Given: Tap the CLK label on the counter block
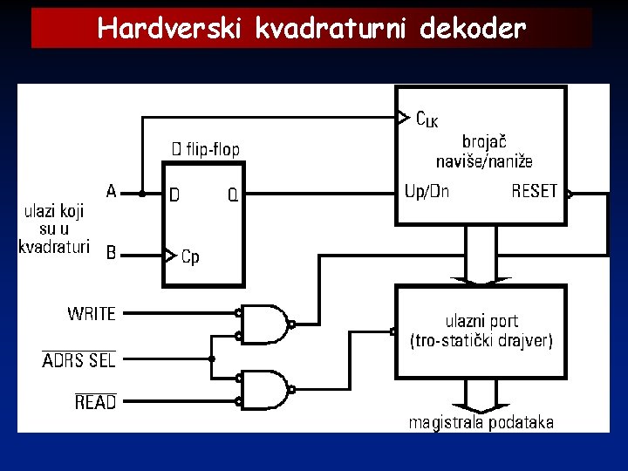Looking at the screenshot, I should tap(427, 119).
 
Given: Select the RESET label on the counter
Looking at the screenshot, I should tap(534, 191).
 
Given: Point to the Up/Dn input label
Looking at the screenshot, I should tap(427, 191).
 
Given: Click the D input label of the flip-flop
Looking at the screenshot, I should tap(174, 195).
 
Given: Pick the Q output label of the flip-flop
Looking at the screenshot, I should tap(233, 195).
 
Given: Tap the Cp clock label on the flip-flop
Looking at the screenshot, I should tap(189, 256).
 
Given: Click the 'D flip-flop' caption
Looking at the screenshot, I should tap(205, 150).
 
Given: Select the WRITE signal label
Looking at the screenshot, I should tap(91, 313).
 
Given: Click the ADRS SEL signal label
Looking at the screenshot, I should tap(78, 359).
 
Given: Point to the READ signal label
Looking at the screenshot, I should tap(95, 402).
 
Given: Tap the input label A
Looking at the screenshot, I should tap(111, 189).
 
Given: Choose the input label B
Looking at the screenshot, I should tap(111, 253).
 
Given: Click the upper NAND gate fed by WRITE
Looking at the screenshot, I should tap(265, 324).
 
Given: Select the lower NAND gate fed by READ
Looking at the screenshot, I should tap(265, 390).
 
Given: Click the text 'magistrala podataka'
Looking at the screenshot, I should tap(481, 422).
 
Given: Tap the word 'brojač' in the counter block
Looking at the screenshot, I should tap(485, 141).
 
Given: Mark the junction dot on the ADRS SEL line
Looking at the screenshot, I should tap(211, 358).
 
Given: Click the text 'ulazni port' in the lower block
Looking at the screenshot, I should tap(481, 321).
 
